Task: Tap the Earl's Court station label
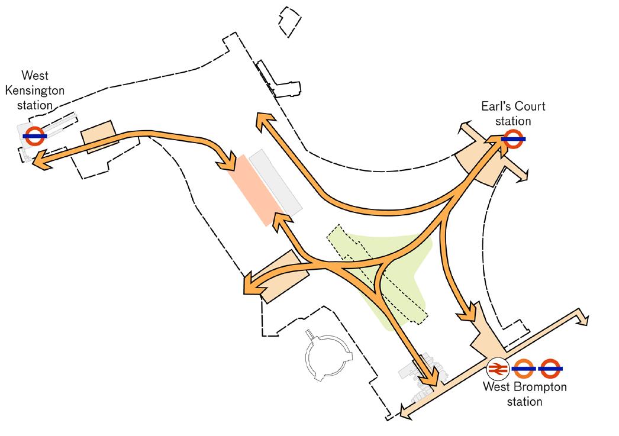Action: tap(513, 114)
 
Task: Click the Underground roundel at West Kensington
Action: tap(35, 136)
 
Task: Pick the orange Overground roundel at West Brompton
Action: tap(524, 369)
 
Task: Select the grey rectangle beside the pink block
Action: tap(276, 180)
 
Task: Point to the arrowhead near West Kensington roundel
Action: tap(39, 160)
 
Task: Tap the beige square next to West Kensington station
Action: tap(96, 133)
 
